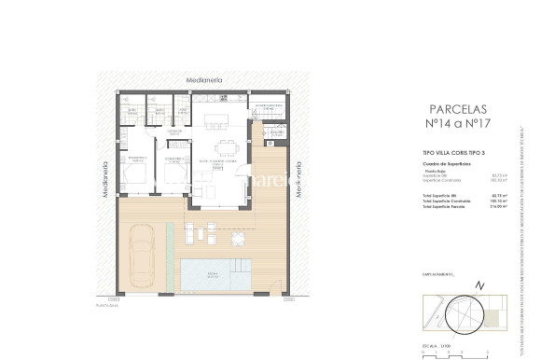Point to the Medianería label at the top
tap(205, 81)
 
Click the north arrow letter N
tap(479, 284)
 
